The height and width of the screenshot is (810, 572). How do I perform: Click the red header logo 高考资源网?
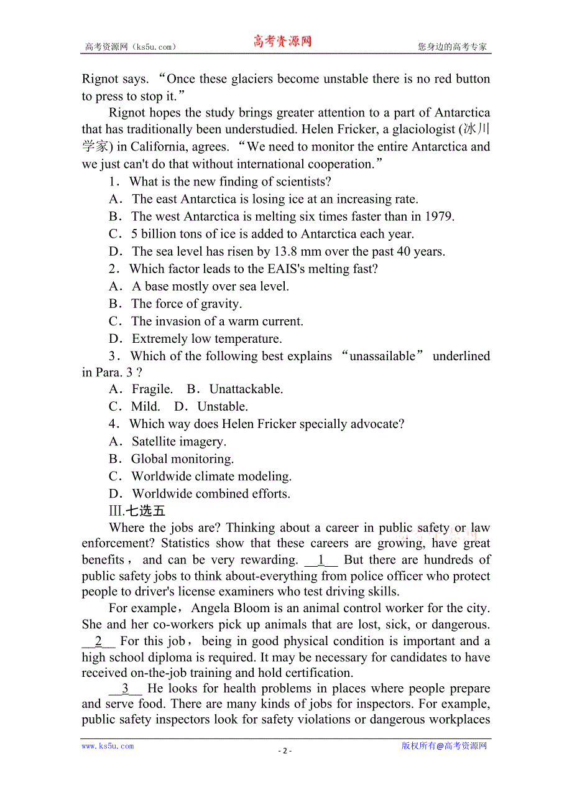tap(282, 42)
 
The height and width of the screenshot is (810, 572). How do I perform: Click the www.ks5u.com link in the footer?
tap(108, 746)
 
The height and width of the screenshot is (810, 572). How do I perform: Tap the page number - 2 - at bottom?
tap(285, 750)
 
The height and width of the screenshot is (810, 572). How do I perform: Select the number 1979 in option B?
tap(439, 216)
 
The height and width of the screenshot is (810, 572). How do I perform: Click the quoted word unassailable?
tap(382, 356)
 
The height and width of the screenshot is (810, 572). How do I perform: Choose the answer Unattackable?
tap(246, 389)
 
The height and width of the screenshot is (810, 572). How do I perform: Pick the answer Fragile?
tap(152, 389)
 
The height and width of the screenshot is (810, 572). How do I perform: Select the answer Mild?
tap(145, 406)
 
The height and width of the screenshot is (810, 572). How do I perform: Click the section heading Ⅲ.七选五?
tap(137, 511)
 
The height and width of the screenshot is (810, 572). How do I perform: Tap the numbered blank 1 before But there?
tap(321, 560)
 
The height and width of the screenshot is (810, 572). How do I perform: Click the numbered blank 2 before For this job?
tap(98, 641)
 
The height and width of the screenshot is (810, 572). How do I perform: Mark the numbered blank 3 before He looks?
tap(126, 689)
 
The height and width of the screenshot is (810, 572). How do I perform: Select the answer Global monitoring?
tap(182, 459)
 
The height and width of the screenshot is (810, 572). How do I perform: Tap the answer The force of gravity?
tap(186, 304)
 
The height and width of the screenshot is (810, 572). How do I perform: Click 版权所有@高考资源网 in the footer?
tap(444, 746)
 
